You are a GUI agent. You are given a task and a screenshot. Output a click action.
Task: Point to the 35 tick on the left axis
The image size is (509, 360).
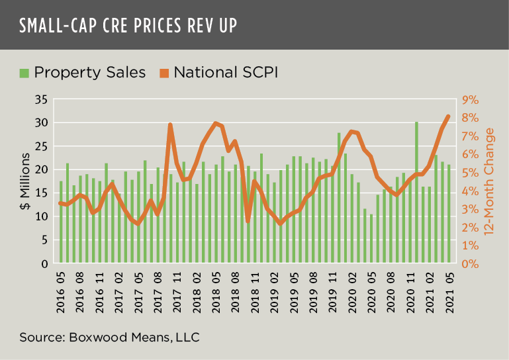[41, 100]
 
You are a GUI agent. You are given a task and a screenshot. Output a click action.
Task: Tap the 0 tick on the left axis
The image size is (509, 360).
[44, 263]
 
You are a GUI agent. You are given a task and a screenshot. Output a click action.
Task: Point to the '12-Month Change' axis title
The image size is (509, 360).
[490, 181]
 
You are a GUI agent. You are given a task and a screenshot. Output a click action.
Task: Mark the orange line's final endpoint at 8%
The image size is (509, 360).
[448, 116]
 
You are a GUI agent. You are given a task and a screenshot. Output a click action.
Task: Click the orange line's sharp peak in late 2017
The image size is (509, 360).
[170, 124]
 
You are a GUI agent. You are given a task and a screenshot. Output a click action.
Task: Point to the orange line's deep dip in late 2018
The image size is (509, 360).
[248, 221]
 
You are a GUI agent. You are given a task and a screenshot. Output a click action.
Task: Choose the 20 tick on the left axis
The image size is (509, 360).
[41, 169]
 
